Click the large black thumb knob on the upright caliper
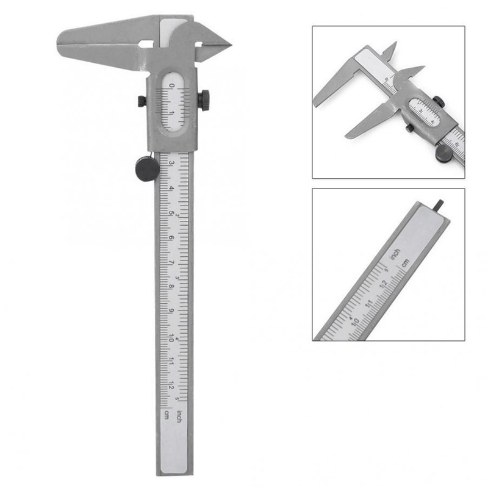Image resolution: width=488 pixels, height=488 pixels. [147, 167]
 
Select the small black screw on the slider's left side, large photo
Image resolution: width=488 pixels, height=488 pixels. [142, 100]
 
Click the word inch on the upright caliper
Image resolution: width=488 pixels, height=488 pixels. [179, 417]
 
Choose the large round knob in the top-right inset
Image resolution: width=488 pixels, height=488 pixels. [444, 152]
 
